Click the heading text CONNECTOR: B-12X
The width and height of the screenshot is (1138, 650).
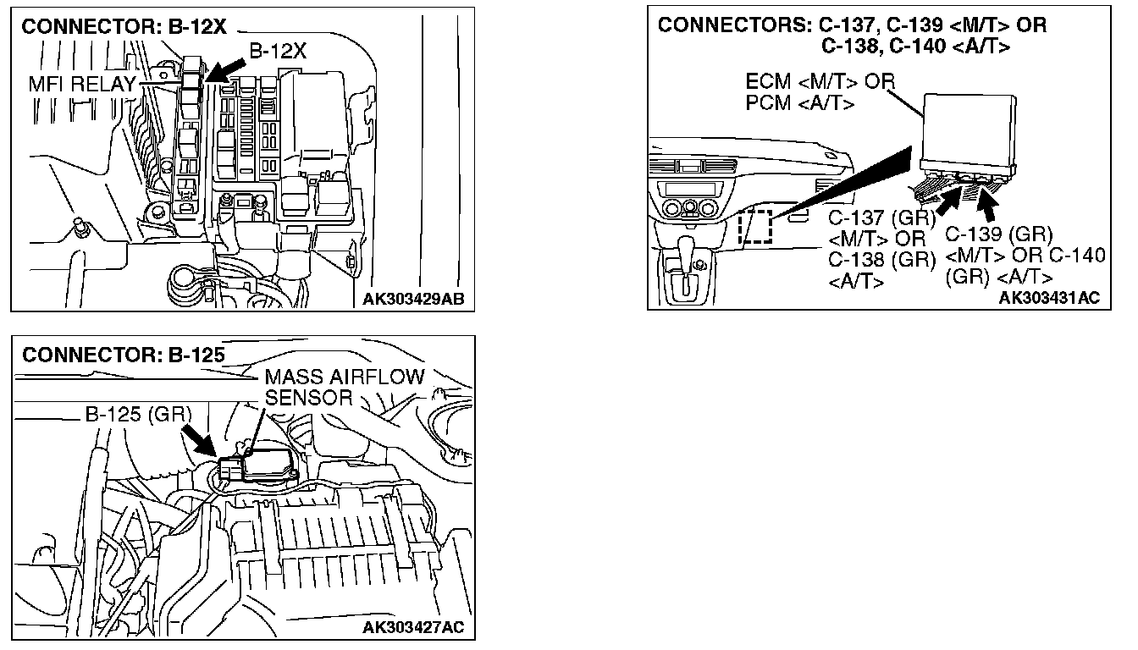(x=124, y=26)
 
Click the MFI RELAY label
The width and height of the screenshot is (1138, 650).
(x=82, y=84)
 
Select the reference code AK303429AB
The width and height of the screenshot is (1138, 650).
(x=414, y=299)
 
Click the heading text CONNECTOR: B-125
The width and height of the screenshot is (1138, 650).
(x=124, y=355)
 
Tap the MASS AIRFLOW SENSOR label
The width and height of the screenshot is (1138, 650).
(x=344, y=387)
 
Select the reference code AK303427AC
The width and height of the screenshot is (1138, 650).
(x=414, y=627)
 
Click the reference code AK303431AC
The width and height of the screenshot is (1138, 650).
(x=1049, y=298)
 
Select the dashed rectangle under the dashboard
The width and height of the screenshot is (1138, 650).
(x=755, y=226)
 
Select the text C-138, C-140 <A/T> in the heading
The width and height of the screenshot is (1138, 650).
(x=915, y=47)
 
